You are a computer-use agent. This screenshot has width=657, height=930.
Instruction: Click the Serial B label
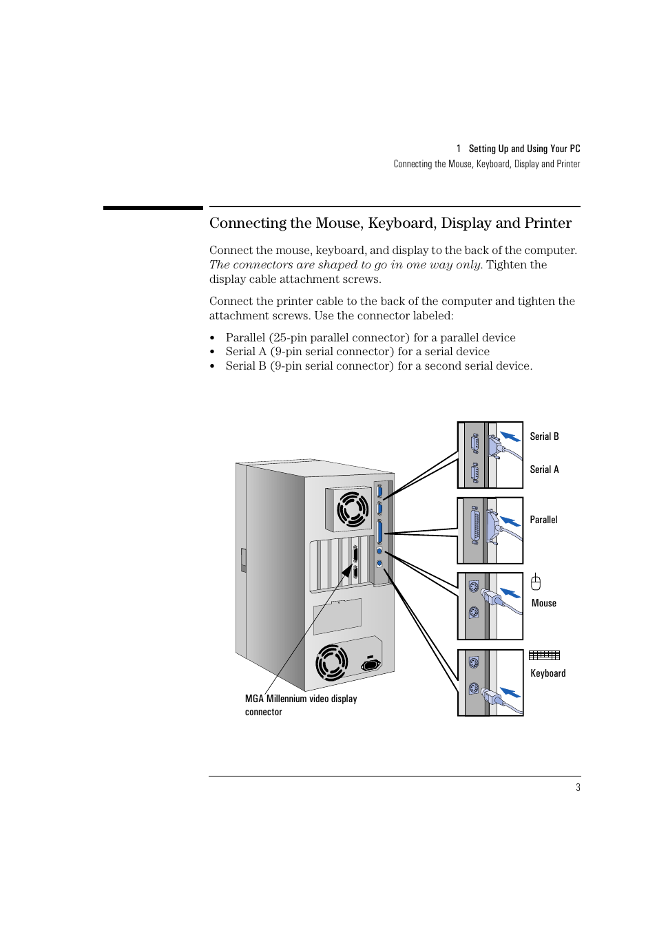coord(544,436)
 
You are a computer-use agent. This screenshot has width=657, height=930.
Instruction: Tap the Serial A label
coord(544,469)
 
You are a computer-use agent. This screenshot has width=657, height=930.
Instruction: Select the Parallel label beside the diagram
coord(543,520)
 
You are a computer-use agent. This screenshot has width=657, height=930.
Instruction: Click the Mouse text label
coord(543,603)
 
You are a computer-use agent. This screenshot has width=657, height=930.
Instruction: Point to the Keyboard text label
coord(547,673)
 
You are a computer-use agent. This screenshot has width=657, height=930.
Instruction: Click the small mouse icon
coord(536,582)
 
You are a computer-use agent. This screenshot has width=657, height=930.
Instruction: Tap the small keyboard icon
coord(544,655)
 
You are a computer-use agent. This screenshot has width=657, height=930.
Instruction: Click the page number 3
coord(578,788)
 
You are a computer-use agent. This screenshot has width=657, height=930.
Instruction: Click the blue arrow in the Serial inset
coord(510,436)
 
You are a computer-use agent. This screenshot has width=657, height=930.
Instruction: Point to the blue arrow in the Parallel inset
coord(510,521)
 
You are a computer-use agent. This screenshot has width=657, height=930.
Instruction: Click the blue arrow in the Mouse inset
coord(510,593)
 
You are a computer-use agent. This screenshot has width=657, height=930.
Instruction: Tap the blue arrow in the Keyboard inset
coord(510,692)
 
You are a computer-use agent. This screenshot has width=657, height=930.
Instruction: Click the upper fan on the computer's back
coord(353,508)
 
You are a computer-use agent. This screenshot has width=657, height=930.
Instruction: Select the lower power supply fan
coord(331,661)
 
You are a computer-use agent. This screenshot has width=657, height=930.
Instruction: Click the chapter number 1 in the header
coord(459,149)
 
